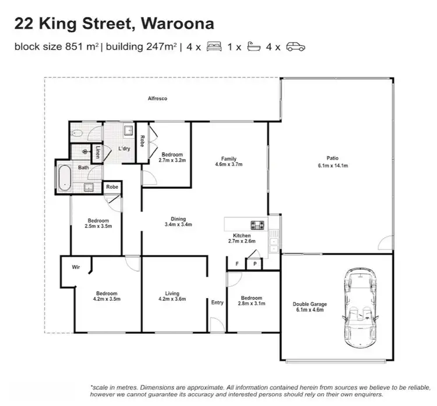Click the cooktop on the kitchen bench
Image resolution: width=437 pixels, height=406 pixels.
point(257,225)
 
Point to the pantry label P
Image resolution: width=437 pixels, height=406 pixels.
point(255,264)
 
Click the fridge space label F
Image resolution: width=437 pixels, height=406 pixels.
point(237,264)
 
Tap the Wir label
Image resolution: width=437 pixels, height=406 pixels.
point(76,267)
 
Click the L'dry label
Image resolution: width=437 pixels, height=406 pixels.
point(124,149)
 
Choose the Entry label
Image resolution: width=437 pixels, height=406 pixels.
point(217,302)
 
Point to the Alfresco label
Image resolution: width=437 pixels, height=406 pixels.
point(157,99)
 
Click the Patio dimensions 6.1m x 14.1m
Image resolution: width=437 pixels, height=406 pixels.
point(332,166)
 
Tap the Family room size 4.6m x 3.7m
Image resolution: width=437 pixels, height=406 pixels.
point(228,165)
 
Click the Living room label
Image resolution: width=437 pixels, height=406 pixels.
point(172,294)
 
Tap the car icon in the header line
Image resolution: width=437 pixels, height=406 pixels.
point(295,48)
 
